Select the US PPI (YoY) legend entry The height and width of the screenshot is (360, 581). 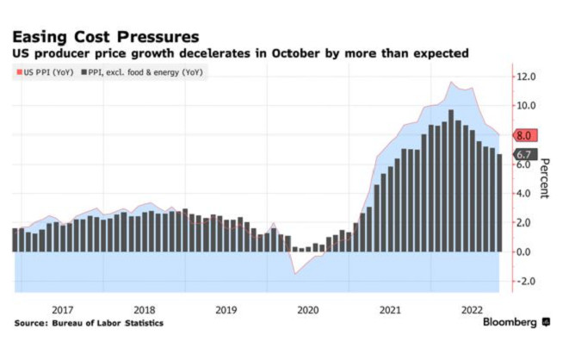pyautogui.click(x=44, y=72)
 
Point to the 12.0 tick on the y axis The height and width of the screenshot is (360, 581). pyautogui.click(x=526, y=77)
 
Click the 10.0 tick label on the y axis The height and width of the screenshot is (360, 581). pyautogui.click(x=526, y=105)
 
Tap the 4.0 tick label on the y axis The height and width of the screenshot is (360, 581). pyautogui.click(x=526, y=193)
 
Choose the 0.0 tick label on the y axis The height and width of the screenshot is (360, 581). pyautogui.click(x=526, y=251)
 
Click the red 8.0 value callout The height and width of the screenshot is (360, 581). pyautogui.click(x=525, y=135)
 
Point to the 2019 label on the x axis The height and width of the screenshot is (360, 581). pyautogui.click(x=226, y=309)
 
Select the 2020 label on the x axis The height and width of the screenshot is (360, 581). pyautogui.click(x=307, y=309)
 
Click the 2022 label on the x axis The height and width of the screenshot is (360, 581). pyautogui.click(x=471, y=309)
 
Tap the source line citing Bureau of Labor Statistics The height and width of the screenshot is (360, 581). pyautogui.click(x=88, y=323)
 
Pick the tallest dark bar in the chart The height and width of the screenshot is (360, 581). pyautogui.click(x=451, y=181)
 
